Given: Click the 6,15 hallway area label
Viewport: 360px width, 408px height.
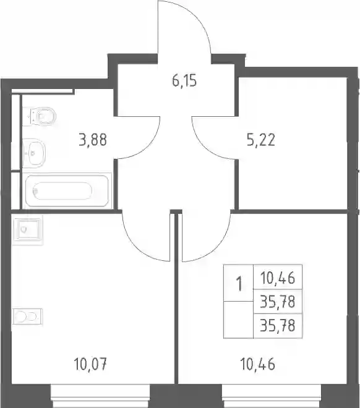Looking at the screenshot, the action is [x=184, y=80].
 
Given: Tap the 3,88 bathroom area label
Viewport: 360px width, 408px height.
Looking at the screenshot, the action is [x=93, y=140].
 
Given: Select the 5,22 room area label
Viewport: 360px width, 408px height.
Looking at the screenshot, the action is [x=261, y=140].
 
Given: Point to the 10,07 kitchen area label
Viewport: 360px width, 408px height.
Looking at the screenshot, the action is [x=90, y=363].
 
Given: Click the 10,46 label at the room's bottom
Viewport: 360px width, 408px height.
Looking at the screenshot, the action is [x=258, y=363].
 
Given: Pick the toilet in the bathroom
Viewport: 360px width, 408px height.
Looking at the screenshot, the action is [x=40, y=116].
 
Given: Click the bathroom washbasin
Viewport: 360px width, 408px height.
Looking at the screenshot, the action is [x=34, y=153].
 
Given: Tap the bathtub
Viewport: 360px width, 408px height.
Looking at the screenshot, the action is [x=67, y=191].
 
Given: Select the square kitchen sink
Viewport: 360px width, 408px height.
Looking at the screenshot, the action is [x=28, y=229].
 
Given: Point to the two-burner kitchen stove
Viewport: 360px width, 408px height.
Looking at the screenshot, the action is [x=28, y=317].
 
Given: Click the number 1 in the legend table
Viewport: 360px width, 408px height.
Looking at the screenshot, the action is [x=239, y=284].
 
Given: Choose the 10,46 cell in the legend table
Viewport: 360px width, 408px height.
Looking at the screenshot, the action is [x=278, y=278].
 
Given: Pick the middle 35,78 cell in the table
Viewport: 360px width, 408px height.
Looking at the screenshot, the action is [x=278, y=302].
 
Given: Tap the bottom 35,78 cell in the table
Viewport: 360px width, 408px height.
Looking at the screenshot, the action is [x=278, y=326].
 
